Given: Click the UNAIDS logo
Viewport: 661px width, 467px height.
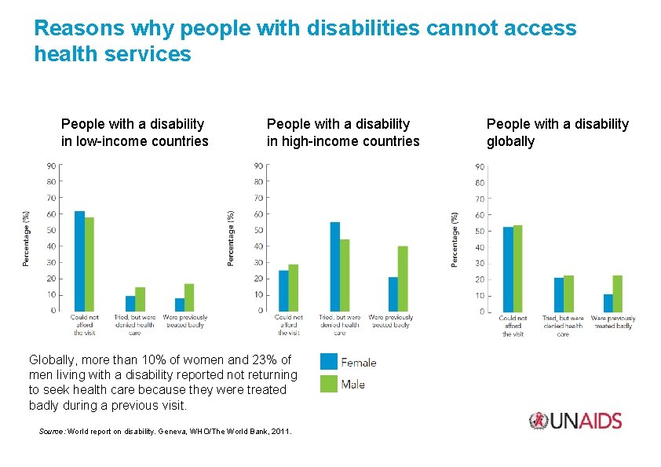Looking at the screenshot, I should click(575, 421).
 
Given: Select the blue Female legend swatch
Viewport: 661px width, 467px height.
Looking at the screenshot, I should click(329, 362).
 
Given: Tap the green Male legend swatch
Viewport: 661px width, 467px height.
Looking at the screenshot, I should click(329, 384).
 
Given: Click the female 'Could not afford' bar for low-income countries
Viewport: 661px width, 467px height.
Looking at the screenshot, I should click(79, 261).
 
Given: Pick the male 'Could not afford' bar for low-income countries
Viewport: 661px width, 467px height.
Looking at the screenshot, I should click(89, 264).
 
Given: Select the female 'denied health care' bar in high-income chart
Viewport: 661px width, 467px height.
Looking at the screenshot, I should click(334, 266).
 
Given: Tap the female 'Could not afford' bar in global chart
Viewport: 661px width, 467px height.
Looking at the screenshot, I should click(508, 269).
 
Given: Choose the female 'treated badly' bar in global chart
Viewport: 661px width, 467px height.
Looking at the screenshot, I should click(608, 303).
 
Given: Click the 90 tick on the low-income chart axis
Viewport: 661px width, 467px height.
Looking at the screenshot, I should click(50, 166).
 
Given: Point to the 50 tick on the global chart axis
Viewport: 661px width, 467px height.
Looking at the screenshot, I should click(480, 232).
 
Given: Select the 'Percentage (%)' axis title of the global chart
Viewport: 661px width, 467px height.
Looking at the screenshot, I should click(455, 239).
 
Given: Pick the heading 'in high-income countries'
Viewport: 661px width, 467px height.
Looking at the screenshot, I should click(343, 141).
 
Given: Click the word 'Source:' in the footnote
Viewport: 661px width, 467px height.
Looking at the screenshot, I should click(52, 432).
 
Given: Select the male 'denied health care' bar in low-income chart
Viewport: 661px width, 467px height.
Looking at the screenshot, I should click(140, 299).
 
